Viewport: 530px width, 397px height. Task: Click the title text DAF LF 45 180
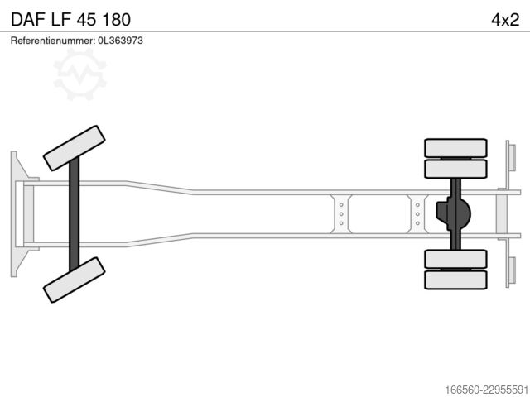70,20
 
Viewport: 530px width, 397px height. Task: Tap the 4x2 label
505,20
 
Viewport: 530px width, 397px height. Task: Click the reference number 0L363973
120,41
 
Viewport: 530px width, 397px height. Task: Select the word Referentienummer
52,41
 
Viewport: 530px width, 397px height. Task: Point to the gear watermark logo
79,74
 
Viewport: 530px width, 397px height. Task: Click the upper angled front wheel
74,148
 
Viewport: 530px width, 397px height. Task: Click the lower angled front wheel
74,280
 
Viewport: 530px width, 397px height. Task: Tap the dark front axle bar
74,214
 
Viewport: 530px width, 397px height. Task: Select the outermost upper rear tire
455,148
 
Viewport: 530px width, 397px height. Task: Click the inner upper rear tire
455,169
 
